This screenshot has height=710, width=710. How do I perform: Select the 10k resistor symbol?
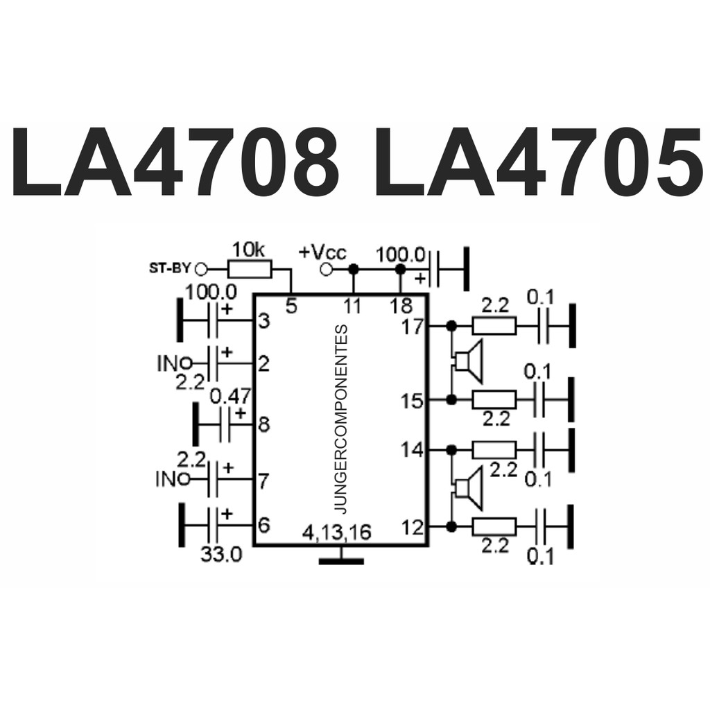coord(250,268)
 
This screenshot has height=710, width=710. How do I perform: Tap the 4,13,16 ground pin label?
coord(337,532)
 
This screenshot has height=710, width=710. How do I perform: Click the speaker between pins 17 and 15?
coord(468,361)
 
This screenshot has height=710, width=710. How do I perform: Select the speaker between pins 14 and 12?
coord(468,488)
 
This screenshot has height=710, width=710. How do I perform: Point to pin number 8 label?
coord(263,424)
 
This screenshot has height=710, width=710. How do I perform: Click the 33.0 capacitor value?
coord(222,555)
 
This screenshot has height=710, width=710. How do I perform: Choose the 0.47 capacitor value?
coord(230,397)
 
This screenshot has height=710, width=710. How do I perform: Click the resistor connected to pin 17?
coord(494,325)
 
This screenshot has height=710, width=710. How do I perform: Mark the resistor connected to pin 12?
coord(494,526)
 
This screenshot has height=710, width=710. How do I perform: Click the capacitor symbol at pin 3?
coord(216,320)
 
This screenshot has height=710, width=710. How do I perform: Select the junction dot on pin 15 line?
coord(451,399)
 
